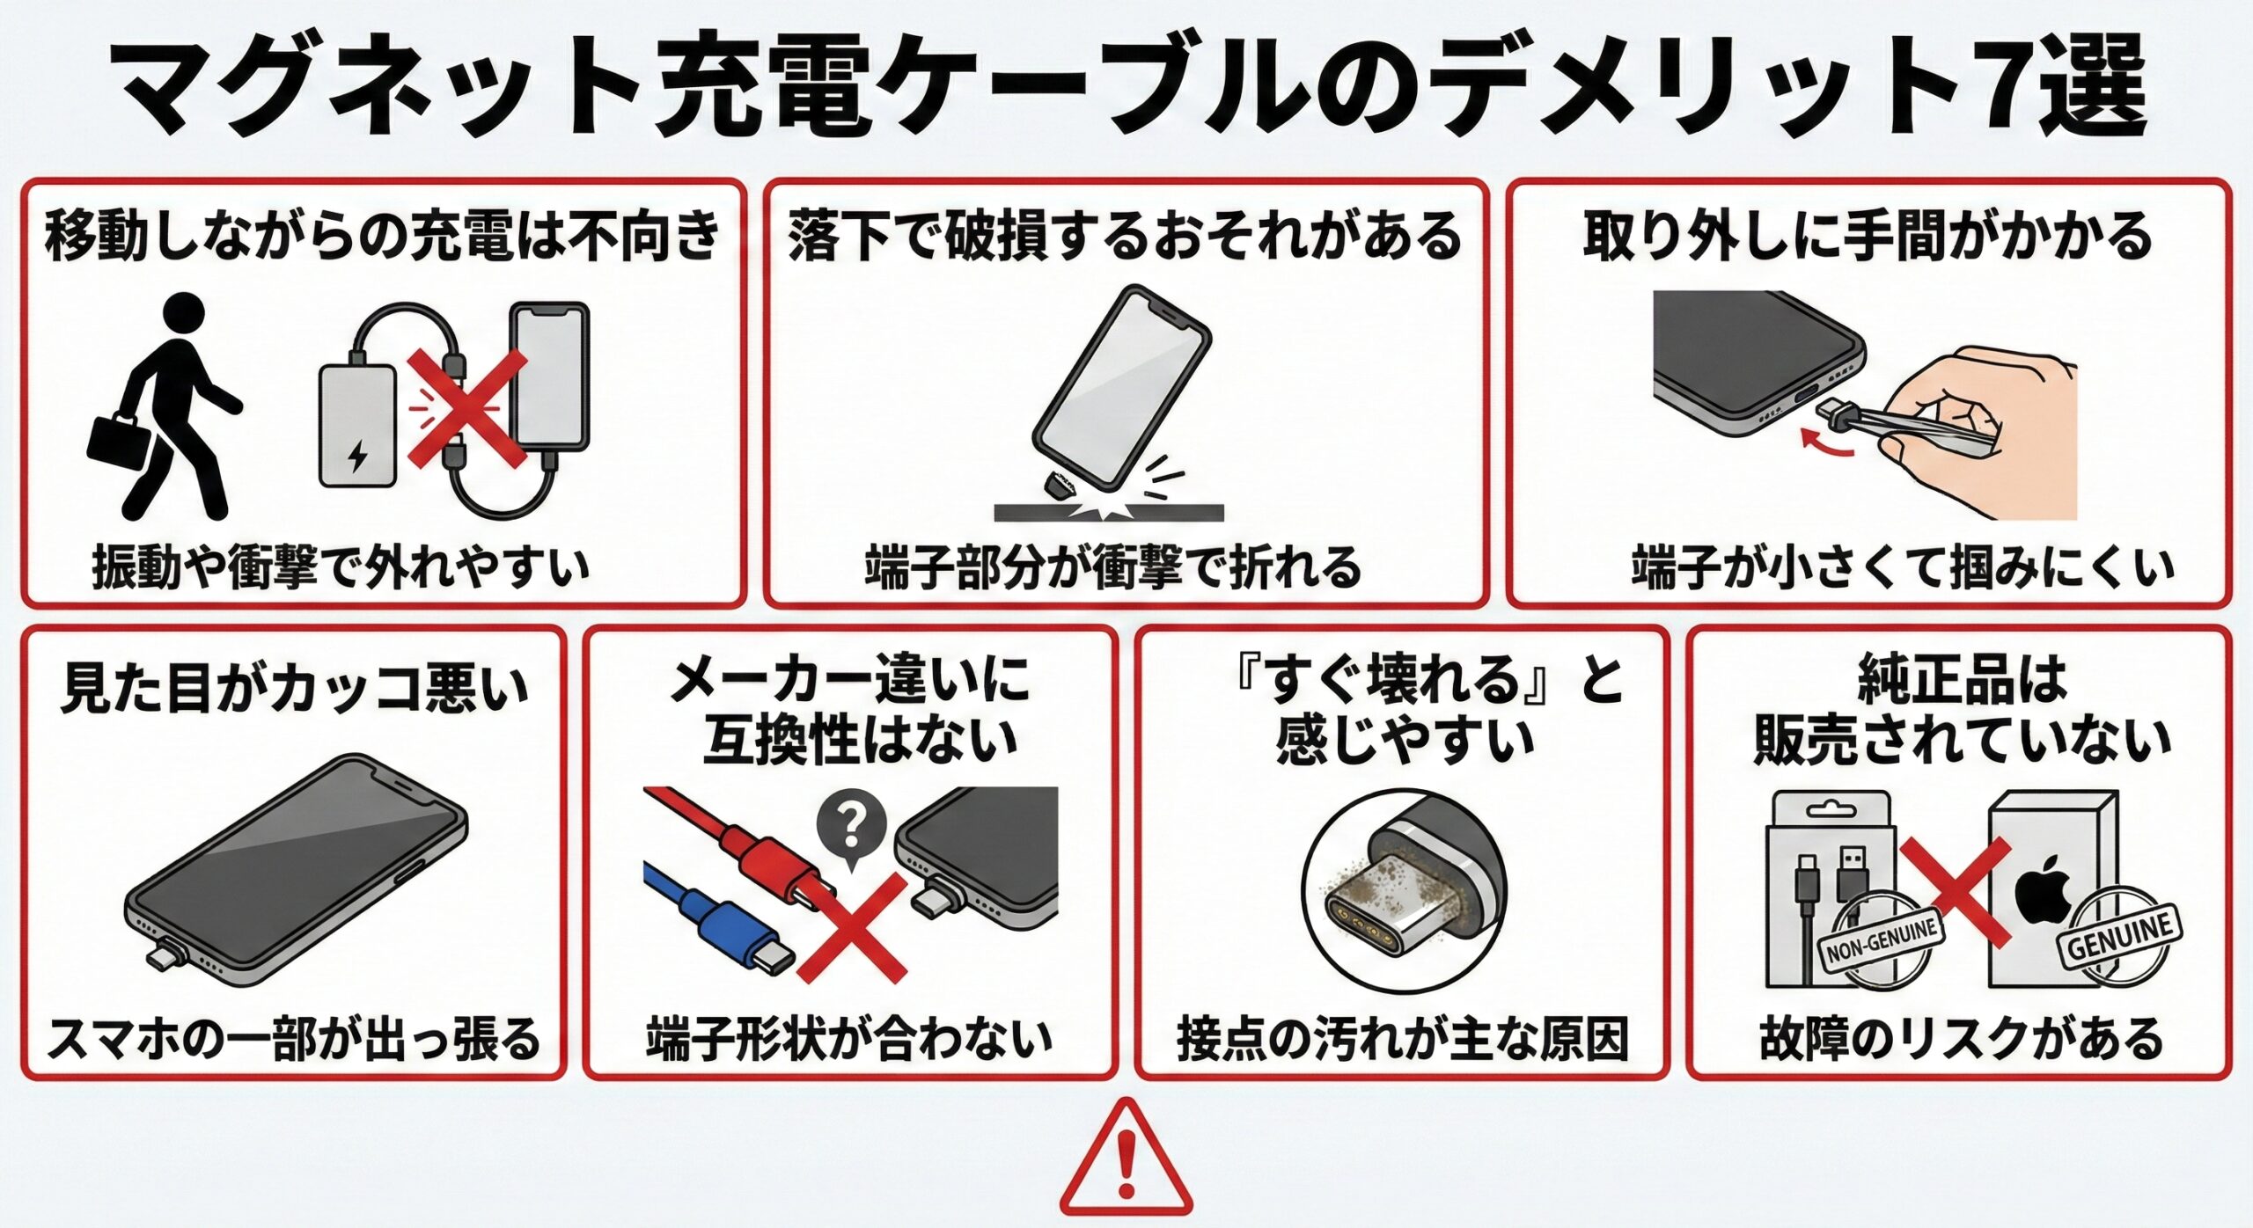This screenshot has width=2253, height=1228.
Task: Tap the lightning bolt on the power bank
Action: point(357,456)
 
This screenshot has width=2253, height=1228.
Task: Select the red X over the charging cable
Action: point(466,407)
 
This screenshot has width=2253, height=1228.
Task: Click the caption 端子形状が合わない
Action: point(849,1038)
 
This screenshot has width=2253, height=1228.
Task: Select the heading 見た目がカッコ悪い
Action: point(295,689)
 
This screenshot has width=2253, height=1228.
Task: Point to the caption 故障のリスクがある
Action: point(1962,1038)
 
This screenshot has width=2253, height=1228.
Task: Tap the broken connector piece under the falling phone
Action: point(1058,485)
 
